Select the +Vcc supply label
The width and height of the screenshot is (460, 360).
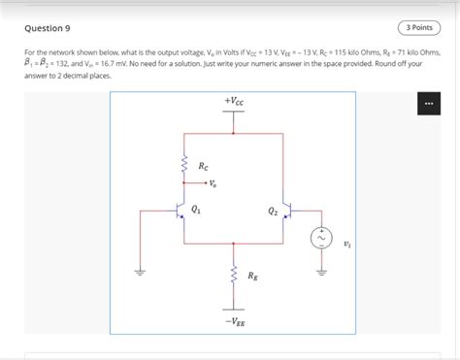click(x=234, y=101)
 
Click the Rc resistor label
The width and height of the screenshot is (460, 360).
click(x=204, y=167)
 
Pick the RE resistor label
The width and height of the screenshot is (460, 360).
click(x=252, y=277)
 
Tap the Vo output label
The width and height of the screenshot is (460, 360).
click(x=213, y=182)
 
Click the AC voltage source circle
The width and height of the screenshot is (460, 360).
click(x=318, y=237)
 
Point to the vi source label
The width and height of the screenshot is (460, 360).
click(x=347, y=245)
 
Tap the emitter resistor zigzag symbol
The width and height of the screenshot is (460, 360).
click(x=233, y=278)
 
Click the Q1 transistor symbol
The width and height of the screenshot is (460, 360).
click(x=181, y=211)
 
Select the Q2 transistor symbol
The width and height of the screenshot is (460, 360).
click(x=287, y=211)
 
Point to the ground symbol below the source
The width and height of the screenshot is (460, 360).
click(x=318, y=272)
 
